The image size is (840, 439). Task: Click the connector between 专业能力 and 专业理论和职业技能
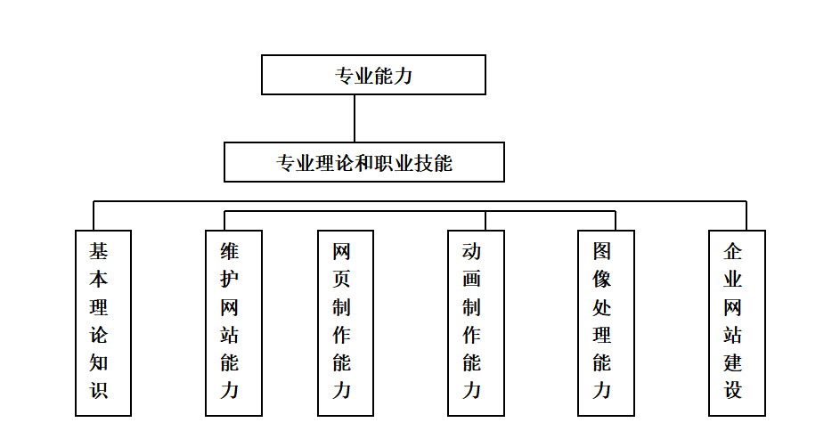point(355,118)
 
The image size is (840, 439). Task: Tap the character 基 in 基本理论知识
point(99,251)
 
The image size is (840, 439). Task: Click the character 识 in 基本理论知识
point(99,390)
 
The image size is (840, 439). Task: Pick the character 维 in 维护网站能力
point(229,251)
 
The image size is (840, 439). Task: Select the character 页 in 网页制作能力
point(341,279)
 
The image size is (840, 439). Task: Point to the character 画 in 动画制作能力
point(471,279)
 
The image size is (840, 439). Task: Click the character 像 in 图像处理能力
point(601,279)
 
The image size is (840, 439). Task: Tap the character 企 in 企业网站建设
point(732,251)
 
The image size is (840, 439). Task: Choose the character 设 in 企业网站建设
point(732,390)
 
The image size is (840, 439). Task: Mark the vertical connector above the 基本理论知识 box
point(94,215)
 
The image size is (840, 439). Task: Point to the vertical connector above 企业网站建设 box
point(746,215)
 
